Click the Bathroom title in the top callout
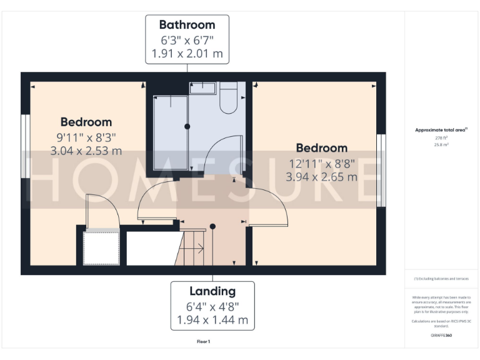tap(187, 25)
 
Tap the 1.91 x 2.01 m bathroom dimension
tap(187, 54)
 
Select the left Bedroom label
tap(86, 122)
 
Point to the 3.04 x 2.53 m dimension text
tap(86, 151)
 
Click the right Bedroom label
tap(321, 148)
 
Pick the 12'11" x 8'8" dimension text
tap(321, 164)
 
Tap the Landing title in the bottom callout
tap(212, 291)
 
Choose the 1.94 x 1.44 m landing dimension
tap(212, 320)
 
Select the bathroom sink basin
tap(202, 88)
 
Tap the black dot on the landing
tap(212, 226)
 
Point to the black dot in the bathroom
tap(187, 126)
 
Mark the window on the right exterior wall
tap(381, 170)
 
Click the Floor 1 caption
tap(203, 342)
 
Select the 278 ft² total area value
tap(442, 137)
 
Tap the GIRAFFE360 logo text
tap(441, 336)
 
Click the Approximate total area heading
tap(441, 130)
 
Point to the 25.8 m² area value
tap(442, 144)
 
